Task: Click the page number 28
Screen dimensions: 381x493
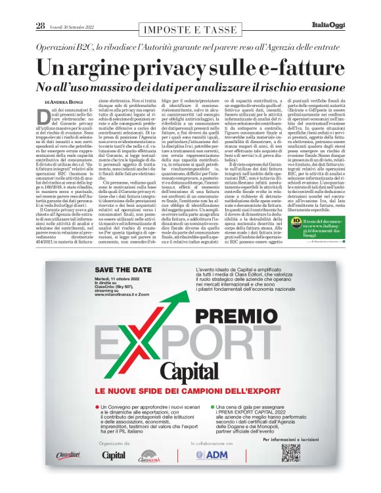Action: (x=41, y=26)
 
